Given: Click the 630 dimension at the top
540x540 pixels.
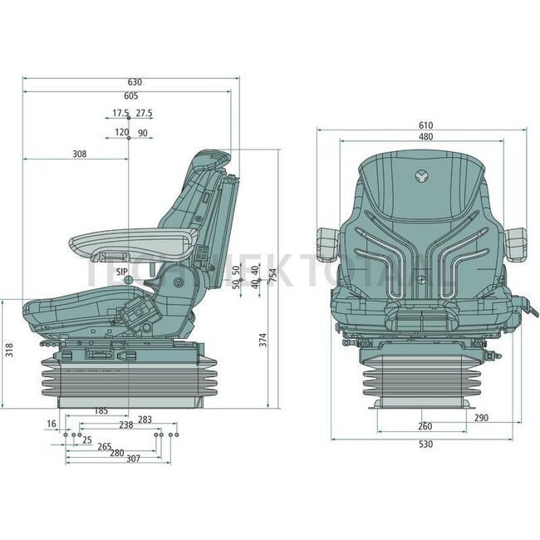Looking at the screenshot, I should (135, 81).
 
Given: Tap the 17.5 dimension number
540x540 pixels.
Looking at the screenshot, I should (120, 113).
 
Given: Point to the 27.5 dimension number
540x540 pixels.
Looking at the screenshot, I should (144, 113).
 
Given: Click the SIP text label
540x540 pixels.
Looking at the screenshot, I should (121, 272).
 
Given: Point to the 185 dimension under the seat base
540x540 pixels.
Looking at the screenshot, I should (101, 411).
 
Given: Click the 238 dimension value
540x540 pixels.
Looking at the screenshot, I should (125, 425).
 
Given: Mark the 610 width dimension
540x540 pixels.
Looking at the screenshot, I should (425, 125).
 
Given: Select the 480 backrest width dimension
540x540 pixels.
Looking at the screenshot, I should (425, 137).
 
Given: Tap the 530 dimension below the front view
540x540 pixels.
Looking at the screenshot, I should (425, 444).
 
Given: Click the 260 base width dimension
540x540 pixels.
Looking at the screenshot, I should (425, 427).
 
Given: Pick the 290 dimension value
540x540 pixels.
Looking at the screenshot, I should (481, 418).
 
